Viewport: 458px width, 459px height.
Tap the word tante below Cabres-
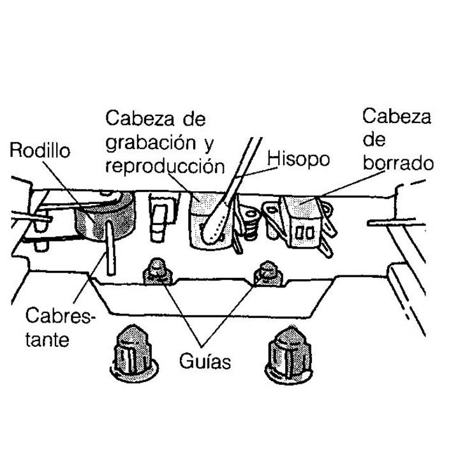coord(48,339)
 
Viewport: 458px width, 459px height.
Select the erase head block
coord(300,220)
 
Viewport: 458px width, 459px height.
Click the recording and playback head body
coord(203,217)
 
